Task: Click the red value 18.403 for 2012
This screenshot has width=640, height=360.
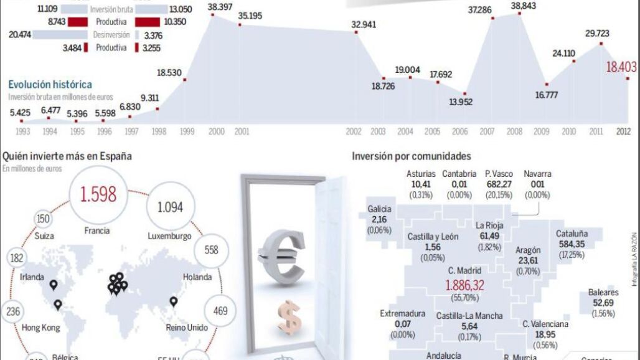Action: coord(614,68)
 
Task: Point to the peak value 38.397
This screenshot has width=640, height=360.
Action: coord(220,6)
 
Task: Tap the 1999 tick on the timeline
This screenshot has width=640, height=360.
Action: coord(186,131)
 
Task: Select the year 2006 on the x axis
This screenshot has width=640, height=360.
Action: coord(459,131)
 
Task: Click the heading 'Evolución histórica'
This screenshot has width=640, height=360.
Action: coord(50,84)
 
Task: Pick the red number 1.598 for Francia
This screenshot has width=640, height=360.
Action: coord(99,194)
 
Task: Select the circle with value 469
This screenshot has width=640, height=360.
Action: coord(220,310)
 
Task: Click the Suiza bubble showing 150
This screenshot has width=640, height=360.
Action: coord(43,219)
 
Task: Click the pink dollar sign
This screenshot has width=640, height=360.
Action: coord(289,316)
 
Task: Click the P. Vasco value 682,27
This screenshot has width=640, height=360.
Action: coord(499,184)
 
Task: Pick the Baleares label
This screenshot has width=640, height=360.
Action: coord(603,292)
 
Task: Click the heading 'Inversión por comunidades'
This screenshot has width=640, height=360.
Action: coord(412,156)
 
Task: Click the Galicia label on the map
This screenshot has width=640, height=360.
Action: coord(379,209)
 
